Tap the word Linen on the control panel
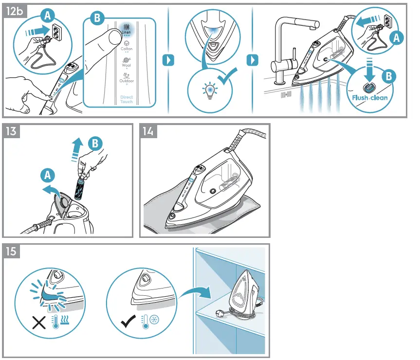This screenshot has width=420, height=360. (126, 33)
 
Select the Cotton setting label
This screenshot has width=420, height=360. (126, 49)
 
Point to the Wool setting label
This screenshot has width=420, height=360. (126, 65)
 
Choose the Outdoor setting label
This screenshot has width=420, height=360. (126, 81)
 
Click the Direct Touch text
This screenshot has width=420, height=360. (126, 99)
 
